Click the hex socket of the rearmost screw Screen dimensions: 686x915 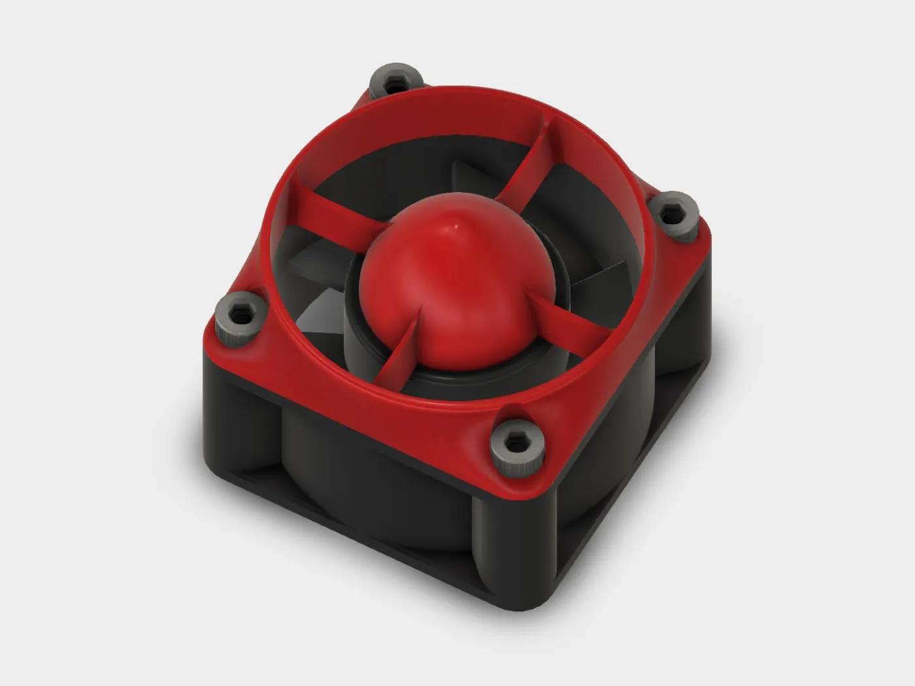[395, 83]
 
